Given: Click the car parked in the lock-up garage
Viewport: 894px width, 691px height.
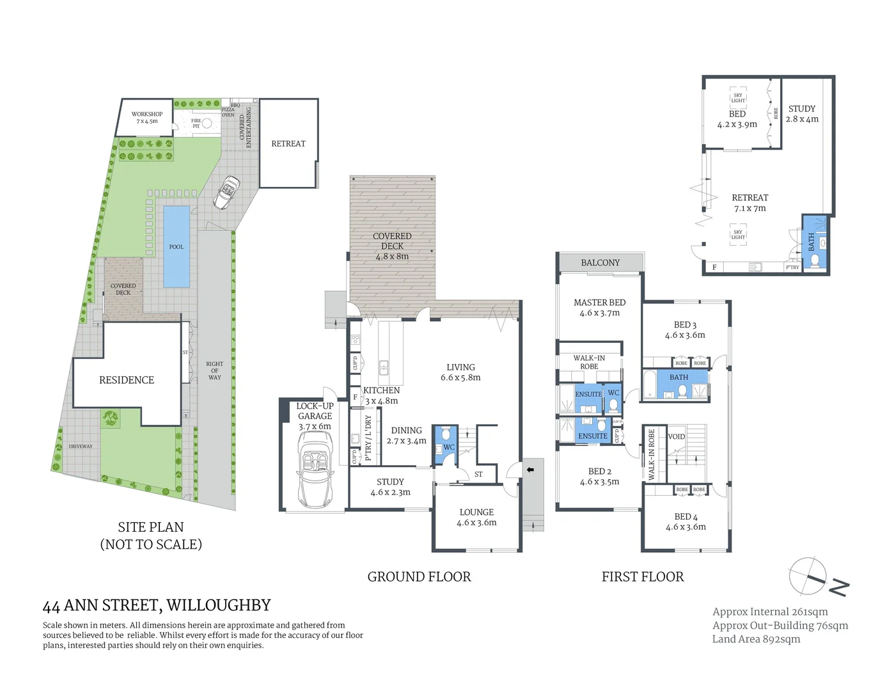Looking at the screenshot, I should [x=315, y=470].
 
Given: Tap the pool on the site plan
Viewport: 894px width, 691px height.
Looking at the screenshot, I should [x=176, y=246].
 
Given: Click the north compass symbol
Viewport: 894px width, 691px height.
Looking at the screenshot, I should [x=809, y=576].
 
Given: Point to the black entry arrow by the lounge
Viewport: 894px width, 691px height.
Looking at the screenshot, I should [x=529, y=470].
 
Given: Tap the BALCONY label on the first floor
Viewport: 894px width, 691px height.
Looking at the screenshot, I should [x=600, y=262].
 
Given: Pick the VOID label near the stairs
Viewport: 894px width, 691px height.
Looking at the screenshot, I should [x=676, y=437].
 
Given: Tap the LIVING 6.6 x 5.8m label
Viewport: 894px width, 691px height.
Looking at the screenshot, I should [x=460, y=372].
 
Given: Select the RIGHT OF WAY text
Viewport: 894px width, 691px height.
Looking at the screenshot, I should [x=215, y=370].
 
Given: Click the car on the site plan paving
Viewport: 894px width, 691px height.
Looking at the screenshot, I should [x=226, y=193].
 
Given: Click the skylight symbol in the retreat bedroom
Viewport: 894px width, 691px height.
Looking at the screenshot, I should [x=738, y=97].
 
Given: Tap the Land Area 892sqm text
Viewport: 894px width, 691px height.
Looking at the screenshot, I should [x=756, y=639].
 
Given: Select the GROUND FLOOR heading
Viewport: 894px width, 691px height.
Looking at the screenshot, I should [x=419, y=576].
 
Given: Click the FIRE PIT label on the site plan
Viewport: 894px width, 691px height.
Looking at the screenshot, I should [x=196, y=123].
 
